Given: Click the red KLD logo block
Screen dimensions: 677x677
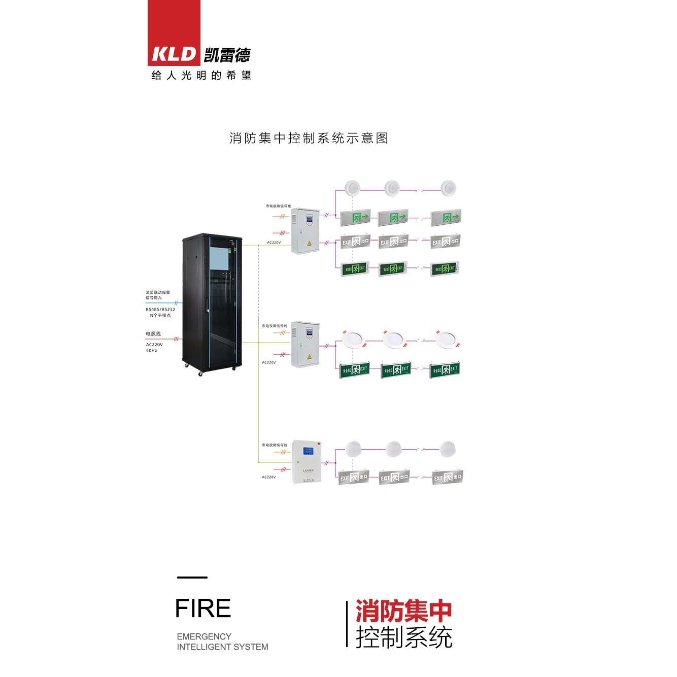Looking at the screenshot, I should [174, 33].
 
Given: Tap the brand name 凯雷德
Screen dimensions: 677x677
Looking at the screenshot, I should [227, 55].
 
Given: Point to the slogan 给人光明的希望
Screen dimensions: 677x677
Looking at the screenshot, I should [201, 76].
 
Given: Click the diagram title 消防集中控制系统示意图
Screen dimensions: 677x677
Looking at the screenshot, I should [309, 138].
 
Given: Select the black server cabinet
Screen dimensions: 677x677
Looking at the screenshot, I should [212, 303].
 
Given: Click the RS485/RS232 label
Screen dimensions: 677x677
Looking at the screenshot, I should [160, 309].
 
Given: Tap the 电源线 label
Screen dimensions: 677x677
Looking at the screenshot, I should [153, 334].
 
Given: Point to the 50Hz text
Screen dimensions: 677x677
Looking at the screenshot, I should [152, 351].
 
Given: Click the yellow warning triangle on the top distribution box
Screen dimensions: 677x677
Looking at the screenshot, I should [309, 244].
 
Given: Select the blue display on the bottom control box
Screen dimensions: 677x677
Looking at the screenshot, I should [308, 450].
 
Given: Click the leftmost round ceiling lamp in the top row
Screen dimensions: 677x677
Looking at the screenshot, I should [352, 188].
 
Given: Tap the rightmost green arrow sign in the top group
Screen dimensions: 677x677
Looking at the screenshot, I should [446, 218].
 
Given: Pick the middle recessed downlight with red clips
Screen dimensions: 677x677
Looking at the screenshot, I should [394, 339].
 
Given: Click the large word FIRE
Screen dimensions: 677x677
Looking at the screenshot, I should [203, 608].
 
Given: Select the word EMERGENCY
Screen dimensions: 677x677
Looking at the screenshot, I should [204, 636].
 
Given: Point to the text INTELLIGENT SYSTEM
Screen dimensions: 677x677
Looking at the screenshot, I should [222, 647].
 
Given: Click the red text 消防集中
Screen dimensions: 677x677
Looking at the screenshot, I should [403, 611].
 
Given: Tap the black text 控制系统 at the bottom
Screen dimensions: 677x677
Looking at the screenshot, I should [403, 637].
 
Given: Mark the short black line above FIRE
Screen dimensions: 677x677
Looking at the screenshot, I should [192, 577].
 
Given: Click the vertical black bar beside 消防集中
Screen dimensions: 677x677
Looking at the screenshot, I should [347, 624].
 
